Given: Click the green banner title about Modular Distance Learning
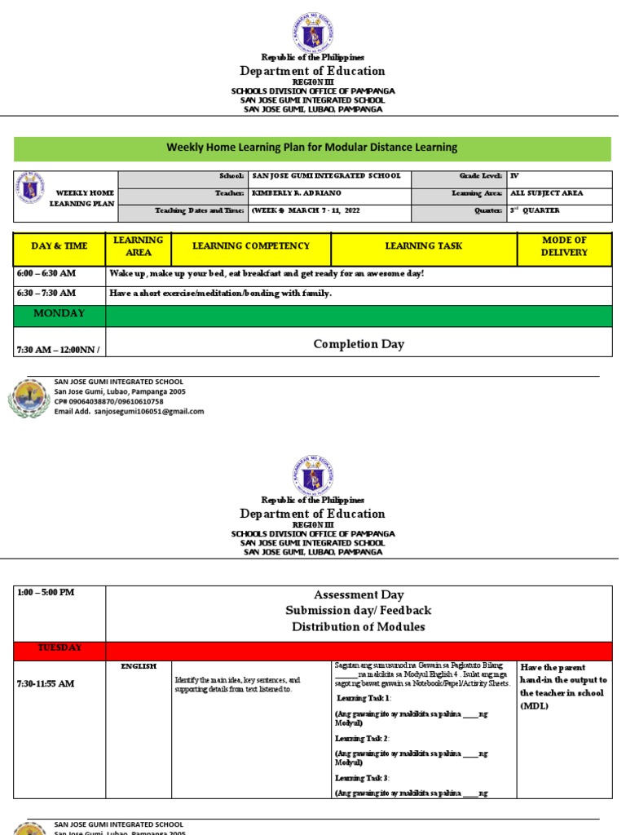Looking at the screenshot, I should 312,148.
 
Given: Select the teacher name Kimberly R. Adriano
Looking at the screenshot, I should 296,193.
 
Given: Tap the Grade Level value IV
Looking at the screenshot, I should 514,176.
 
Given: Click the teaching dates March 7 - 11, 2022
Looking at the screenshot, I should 306,210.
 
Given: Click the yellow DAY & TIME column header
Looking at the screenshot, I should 60,246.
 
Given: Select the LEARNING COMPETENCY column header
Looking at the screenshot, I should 251,246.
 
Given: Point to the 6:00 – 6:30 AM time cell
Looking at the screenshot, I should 46,274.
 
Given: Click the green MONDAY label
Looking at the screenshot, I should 59,314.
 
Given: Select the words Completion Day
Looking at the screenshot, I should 359,344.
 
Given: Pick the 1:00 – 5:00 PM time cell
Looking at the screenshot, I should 46,593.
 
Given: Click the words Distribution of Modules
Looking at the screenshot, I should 359,626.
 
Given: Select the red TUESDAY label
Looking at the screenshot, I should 60,648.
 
